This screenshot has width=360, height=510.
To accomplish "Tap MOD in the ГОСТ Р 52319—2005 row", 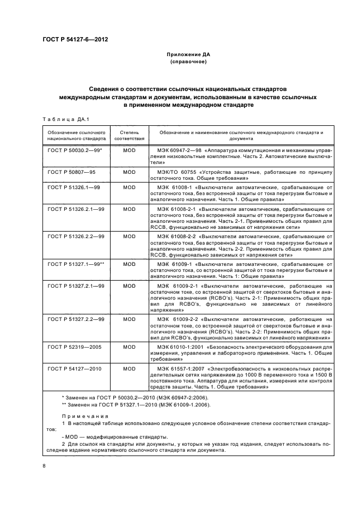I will [129, 347].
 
